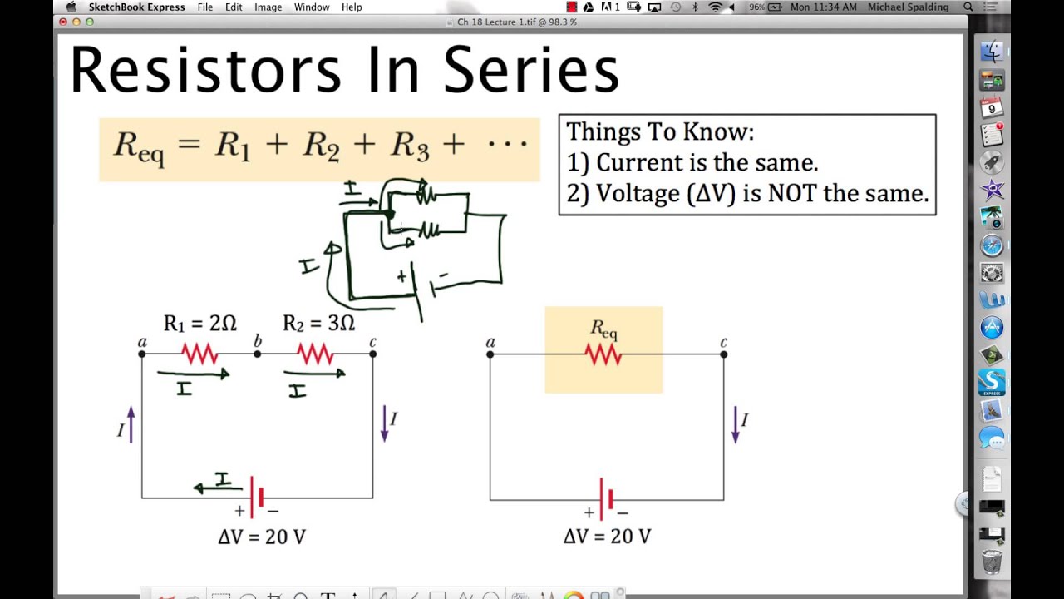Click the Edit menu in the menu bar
tap(234, 7)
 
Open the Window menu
tap(312, 7)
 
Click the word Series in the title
tap(531, 70)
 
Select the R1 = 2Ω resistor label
tap(199, 323)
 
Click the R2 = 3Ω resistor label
tap(318, 323)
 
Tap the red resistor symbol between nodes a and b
tap(199, 355)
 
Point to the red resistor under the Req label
tap(603, 355)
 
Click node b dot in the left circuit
tap(258, 354)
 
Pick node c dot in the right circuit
tap(724, 354)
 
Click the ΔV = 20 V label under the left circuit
tap(262, 537)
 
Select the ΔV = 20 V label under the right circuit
tap(607, 537)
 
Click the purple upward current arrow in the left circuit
tap(131, 424)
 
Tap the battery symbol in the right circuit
tap(607, 498)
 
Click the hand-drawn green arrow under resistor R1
tap(193, 375)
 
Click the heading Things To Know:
tap(660, 131)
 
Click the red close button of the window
tap(63, 22)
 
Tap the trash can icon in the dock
tap(992, 562)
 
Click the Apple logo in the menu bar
tap(71, 7)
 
